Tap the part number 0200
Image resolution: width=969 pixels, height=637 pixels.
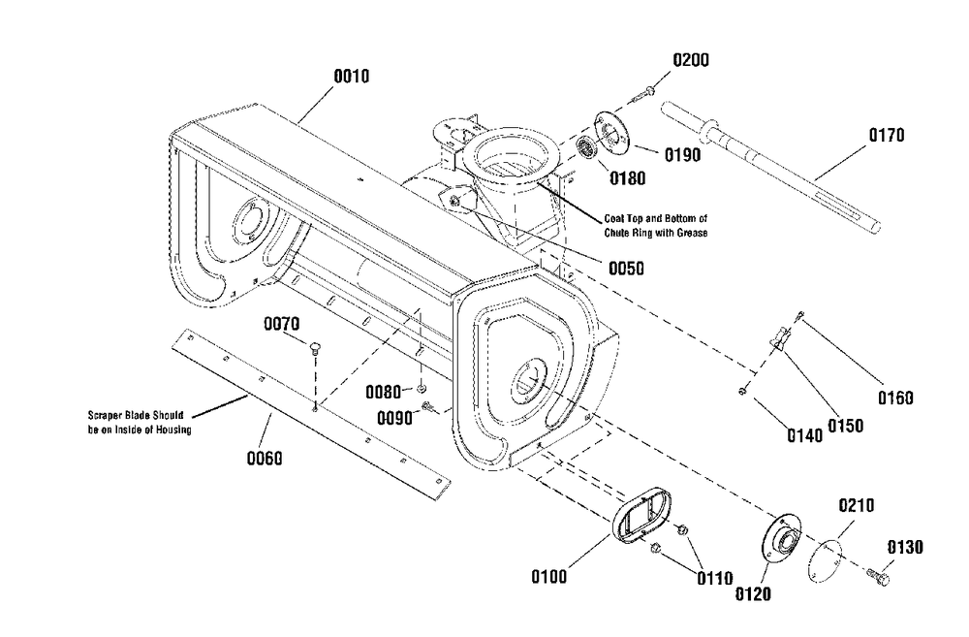(691, 60)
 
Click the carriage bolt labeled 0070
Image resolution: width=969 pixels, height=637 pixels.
(315, 350)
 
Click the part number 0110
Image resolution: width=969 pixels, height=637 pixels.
(717, 580)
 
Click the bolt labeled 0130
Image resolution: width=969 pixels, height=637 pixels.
(882, 574)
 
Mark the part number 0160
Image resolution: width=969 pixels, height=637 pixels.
(896, 397)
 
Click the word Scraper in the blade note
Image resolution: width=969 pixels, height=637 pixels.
(104, 415)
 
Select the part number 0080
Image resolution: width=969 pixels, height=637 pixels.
(384, 392)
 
